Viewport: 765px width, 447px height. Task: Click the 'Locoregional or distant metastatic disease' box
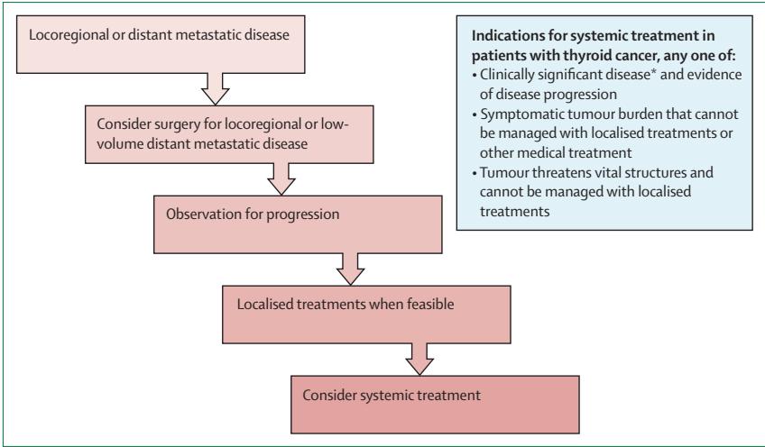[161, 44]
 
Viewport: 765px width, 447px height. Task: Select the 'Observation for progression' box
[298, 224]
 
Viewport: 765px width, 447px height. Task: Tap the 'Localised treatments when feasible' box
[366, 315]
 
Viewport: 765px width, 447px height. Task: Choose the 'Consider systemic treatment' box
[435, 404]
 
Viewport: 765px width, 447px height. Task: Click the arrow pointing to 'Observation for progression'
[281, 179]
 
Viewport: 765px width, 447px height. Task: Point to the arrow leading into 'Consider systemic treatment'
[419, 360]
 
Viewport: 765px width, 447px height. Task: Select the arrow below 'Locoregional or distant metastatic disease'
[215, 89]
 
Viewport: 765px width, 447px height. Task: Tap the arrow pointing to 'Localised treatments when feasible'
[350, 269]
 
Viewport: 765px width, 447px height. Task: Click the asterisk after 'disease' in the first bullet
[654, 72]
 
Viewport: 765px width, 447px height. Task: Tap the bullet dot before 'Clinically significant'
[475, 76]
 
